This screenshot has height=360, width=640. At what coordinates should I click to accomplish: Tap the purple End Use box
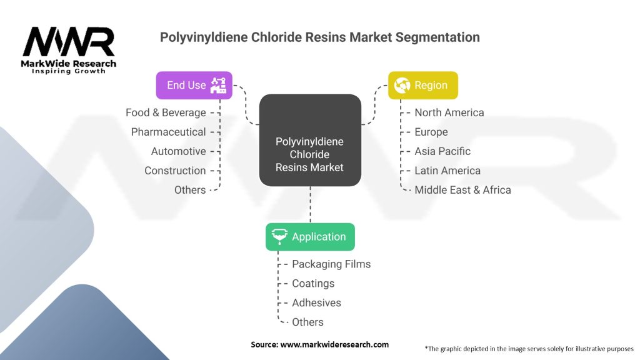click(194, 85)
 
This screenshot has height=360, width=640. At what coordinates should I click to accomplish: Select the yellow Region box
click(423, 85)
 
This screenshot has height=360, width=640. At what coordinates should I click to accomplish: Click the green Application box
click(310, 237)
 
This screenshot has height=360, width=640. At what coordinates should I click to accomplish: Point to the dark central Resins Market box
click(310, 140)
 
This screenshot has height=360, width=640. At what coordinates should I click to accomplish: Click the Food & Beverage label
click(166, 112)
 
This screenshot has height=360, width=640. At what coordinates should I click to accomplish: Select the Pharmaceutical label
click(168, 132)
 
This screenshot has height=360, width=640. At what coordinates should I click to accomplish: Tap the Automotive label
click(178, 151)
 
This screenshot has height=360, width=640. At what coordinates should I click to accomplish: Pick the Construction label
click(175, 171)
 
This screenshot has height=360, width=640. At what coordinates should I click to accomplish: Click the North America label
click(449, 112)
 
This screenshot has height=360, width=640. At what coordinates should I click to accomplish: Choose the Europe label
click(431, 132)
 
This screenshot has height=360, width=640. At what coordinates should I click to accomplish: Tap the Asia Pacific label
click(442, 151)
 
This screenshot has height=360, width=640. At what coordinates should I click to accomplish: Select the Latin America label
click(447, 171)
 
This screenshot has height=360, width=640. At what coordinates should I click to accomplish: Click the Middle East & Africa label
click(462, 190)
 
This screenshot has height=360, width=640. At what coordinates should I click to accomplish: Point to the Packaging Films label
click(331, 264)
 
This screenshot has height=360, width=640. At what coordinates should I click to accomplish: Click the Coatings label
click(313, 284)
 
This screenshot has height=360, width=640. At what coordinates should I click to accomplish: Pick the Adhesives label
click(316, 303)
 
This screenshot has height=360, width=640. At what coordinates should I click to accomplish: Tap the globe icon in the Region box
click(402, 85)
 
